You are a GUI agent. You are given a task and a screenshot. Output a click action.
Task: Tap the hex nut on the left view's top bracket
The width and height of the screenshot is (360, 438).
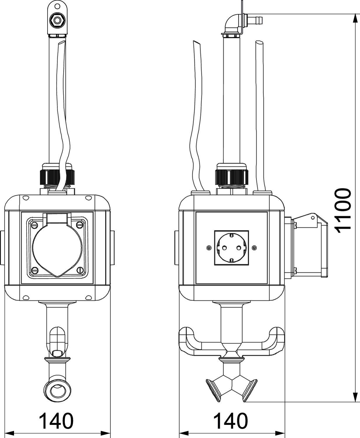57,20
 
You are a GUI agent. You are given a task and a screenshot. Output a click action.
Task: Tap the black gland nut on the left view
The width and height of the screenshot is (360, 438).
57,177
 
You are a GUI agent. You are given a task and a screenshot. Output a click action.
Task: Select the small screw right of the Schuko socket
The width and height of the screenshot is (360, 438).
254,248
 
